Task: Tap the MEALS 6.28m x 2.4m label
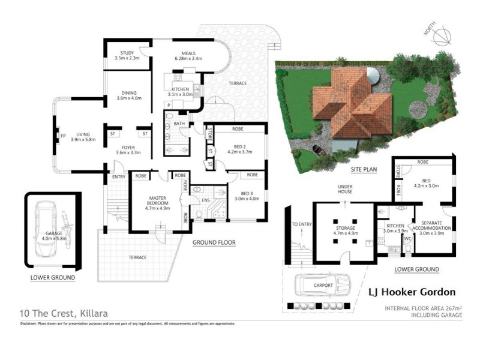188,55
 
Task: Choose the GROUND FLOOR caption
214,243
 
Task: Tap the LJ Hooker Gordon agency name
411,292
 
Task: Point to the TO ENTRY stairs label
300,224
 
